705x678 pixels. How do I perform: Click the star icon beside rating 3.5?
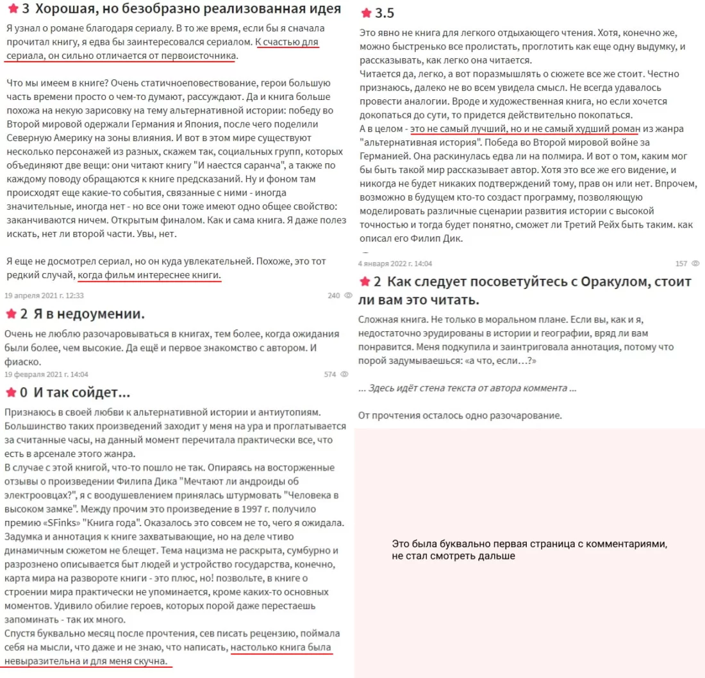[x=366, y=13]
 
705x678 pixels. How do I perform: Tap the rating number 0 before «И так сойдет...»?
[x=24, y=392]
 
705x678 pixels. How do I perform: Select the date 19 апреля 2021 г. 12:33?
[x=44, y=295]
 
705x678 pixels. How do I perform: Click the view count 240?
[x=333, y=295]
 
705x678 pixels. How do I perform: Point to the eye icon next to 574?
[x=344, y=374]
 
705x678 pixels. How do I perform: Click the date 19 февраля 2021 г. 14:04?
[x=47, y=374]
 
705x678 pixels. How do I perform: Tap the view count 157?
[x=681, y=263]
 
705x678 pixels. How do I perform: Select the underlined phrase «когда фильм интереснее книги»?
[x=149, y=275]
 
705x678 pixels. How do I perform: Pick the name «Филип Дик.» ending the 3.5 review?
[x=438, y=238]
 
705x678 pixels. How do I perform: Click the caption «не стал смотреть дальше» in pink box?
[x=453, y=556]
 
